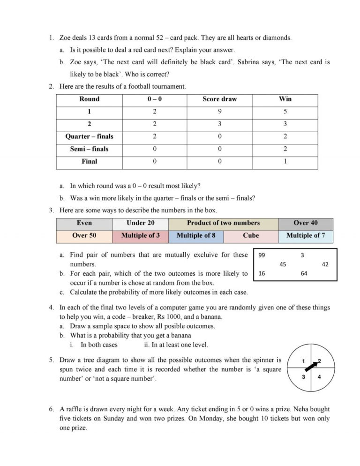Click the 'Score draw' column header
pyautogui.click(x=219, y=99)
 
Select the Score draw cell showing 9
pyautogui.click(x=219, y=112)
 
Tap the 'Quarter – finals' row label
pyautogui.click(x=89, y=136)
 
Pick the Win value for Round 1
pyautogui.click(x=285, y=112)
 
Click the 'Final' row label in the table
pyautogui.click(x=89, y=161)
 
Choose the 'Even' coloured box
pyautogui.click(x=84, y=223)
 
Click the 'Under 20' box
pyautogui.click(x=140, y=223)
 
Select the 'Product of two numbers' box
pyautogui.click(x=223, y=223)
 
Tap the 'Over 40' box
pyautogui.click(x=305, y=223)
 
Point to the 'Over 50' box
pyautogui.click(x=84, y=235)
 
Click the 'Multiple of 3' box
pyautogui.click(x=140, y=235)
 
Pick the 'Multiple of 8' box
pyautogui.click(x=196, y=235)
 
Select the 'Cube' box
pyautogui.click(x=251, y=235)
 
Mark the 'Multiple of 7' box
pyautogui.click(x=305, y=235)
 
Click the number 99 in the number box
pyautogui.click(x=262, y=256)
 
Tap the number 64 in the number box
pyautogui.click(x=304, y=274)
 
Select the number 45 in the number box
pyautogui.click(x=283, y=264)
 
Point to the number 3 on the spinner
pyautogui.click(x=304, y=377)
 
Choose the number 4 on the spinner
pyautogui.click(x=319, y=377)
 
